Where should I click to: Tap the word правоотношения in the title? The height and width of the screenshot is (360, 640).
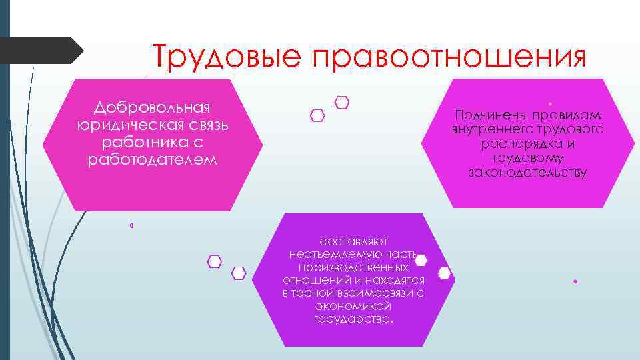click(447, 56)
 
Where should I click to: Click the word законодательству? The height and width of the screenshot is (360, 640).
click(527, 173)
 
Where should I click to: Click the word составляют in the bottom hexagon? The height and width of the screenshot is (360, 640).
click(353, 241)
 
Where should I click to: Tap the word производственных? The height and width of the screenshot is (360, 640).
click(353, 267)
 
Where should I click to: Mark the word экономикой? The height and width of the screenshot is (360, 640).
click(353, 306)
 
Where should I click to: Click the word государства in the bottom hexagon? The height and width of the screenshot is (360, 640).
click(353, 319)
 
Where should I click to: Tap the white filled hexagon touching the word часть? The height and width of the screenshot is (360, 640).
click(421, 260)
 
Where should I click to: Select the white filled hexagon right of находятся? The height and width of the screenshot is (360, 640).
click(445, 273)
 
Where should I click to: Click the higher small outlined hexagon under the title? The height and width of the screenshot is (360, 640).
click(342, 103)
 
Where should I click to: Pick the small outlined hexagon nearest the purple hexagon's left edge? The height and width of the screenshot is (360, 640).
click(239, 273)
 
